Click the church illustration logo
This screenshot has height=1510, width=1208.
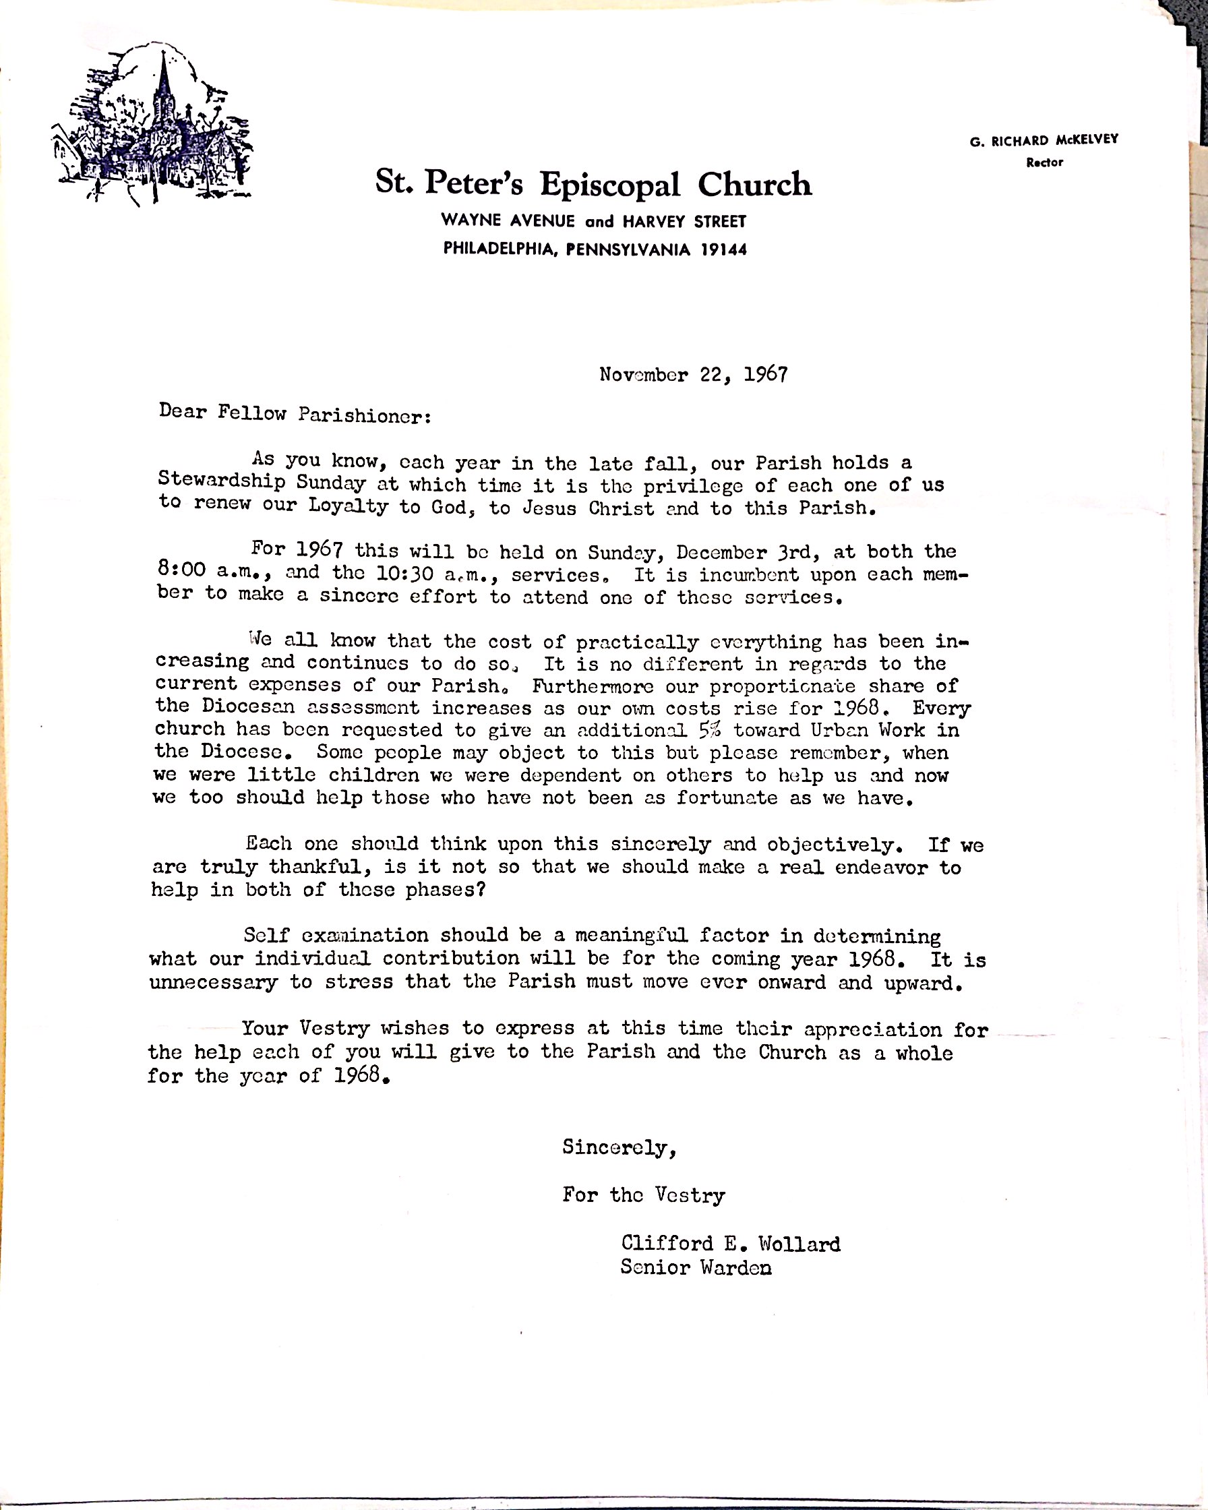(152, 126)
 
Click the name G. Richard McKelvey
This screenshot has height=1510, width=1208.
(1044, 140)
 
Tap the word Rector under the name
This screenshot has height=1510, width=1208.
(1044, 162)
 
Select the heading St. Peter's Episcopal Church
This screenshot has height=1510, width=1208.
(593, 183)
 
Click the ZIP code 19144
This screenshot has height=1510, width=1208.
(723, 249)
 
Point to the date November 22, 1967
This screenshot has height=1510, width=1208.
(693, 375)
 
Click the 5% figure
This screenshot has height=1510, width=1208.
(709, 730)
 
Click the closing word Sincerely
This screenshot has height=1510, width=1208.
(618, 1147)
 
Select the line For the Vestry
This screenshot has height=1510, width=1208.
(643, 1195)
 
